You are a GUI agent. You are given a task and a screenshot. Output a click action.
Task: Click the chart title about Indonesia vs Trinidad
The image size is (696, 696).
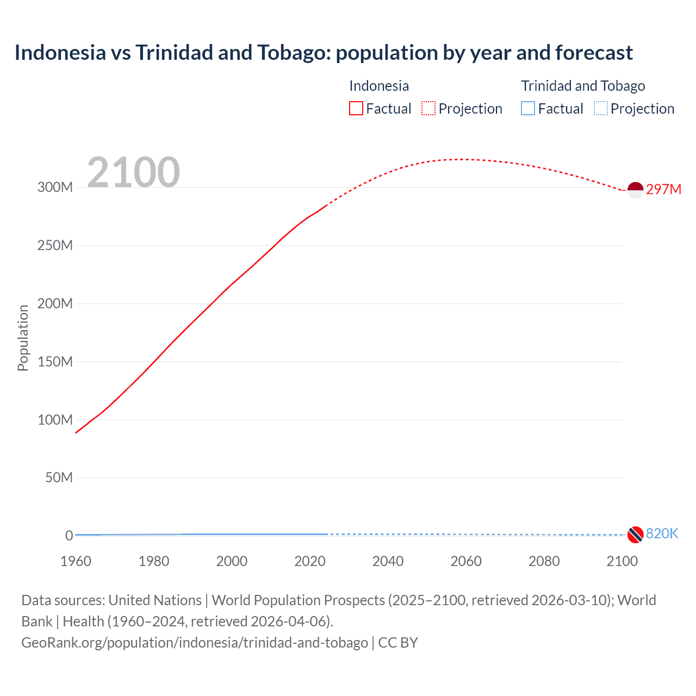[x=324, y=53]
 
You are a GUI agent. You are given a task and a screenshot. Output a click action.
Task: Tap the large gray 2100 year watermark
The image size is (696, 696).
[x=133, y=172]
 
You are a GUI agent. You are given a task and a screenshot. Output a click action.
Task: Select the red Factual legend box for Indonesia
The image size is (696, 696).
[x=356, y=109]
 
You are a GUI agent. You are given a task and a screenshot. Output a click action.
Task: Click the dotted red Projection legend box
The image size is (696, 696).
[x=428, y=109]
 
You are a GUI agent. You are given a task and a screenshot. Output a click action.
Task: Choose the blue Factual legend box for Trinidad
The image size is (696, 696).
[x=528, y=109]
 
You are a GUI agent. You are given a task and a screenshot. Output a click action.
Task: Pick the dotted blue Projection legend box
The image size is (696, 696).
[x=601, y=109]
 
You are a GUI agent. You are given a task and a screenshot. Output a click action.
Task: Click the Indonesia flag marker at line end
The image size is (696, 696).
[x=635, y=190]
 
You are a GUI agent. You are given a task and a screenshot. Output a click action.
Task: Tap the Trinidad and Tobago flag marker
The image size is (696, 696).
[x=635, y=535]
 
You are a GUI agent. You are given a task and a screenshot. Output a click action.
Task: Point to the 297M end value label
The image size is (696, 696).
[x=663, y=189]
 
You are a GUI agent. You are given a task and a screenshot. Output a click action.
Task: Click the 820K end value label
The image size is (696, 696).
[x=662, y=533]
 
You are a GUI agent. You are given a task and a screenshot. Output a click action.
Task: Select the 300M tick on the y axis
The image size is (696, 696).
[x=55, y=188]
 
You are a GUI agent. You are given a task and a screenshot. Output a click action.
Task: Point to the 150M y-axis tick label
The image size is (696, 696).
[x=55, y=362]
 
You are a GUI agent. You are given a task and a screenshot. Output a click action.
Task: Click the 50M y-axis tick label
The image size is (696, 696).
[x=59, y=478]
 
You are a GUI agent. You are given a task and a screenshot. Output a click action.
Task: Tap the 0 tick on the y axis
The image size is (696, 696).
[x=69, y=536]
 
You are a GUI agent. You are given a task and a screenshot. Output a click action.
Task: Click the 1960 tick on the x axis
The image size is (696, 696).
[x=76, y=561]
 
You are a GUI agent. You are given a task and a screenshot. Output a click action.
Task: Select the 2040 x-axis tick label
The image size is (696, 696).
[x=388, y=561]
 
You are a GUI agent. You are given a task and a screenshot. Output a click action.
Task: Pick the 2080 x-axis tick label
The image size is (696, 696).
[x=544, y=561]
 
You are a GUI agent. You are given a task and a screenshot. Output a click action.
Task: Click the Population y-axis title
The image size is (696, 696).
[x=23, y=338]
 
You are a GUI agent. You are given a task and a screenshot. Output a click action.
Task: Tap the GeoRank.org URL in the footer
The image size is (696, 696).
[x=195, y=643]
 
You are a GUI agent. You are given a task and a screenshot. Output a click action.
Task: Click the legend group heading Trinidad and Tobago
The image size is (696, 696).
[x=583, y=86]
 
